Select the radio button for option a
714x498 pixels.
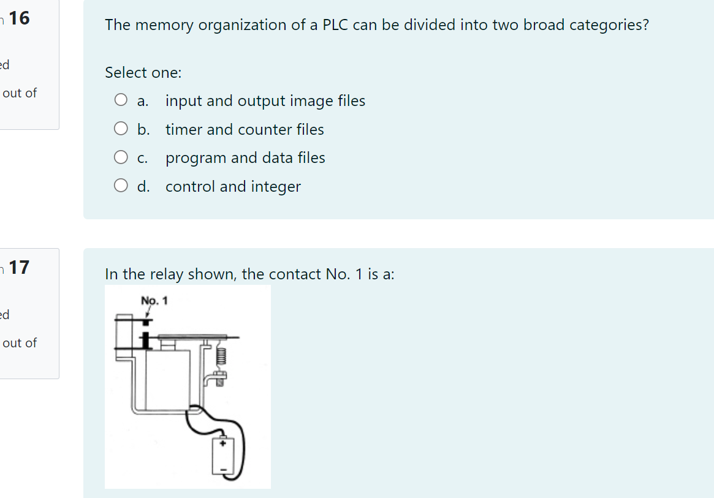click(x=121, y=100)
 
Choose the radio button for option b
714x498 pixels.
click(x=121, y=129)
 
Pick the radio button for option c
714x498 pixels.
click(x=121, y=158)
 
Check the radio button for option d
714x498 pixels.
click(x=121, y=186)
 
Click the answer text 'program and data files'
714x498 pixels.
click(x=245, y=158)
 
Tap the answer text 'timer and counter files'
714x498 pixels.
click(x=245, y=129)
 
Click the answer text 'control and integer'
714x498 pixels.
click(x=233, y=186)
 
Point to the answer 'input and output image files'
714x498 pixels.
click(x=265, y=100)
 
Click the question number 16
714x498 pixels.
click(x=19, y=18)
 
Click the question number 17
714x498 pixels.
click(x=19, y=267)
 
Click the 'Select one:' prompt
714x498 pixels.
click(x=143, y=72)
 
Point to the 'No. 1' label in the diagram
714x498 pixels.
click(x=154, y=301)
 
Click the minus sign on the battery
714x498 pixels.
click(x=223, y=470)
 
